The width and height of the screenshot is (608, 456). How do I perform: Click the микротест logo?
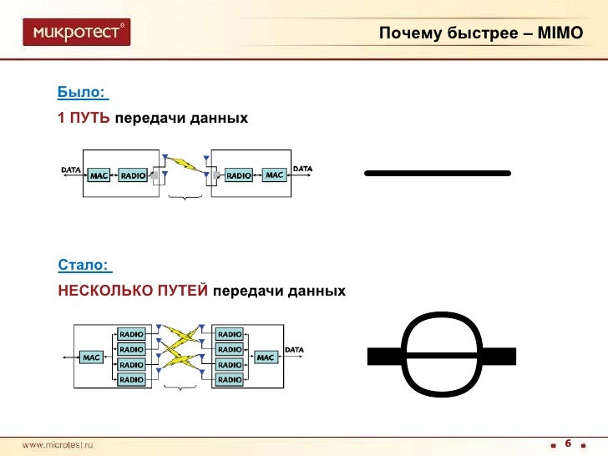click(77, 33)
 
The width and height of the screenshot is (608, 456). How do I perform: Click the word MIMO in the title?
click(565, 34)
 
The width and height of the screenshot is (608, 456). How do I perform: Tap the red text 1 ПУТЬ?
click(84, 119)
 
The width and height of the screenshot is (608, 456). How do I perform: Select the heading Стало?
click(84, 265)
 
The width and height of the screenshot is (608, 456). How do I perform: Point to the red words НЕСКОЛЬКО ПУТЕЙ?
click(133, 291)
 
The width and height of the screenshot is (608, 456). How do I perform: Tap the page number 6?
click(568, 443)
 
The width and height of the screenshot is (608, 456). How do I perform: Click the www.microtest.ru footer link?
click(58, 445)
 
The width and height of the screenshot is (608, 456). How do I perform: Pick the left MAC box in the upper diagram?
click(99, 175)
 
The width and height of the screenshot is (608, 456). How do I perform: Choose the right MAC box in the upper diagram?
click(275, 175)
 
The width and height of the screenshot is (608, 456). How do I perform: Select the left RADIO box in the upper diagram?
click(133, 175)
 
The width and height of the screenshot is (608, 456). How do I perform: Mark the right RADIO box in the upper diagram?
click(239, 175)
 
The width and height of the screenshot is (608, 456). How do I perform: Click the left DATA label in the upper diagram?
click(71, 170)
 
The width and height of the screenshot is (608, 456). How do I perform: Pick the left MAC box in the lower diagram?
click(92, 357)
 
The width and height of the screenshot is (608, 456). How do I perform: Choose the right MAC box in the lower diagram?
click(266, 357)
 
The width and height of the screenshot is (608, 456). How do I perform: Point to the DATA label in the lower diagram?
click(294, 349)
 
